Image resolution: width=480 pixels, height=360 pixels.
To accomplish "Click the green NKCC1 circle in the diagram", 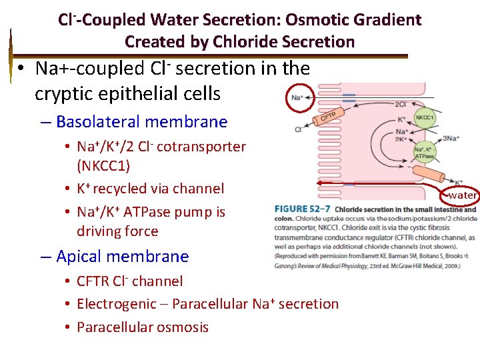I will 425,118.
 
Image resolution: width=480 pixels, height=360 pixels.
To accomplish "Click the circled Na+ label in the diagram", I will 297,98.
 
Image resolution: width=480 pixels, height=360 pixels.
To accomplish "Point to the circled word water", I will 461,195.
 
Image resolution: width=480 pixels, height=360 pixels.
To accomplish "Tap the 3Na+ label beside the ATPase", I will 451,139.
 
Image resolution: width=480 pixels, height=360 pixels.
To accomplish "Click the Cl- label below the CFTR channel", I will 297,129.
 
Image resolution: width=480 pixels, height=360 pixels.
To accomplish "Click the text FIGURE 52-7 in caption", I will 302,209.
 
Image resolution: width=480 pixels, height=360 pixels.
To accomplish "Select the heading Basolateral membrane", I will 142,122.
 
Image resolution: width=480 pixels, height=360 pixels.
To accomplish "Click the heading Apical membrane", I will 123,257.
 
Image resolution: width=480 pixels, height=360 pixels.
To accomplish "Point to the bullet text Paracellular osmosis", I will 143,327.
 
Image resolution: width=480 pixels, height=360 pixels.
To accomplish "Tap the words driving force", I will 117,232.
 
